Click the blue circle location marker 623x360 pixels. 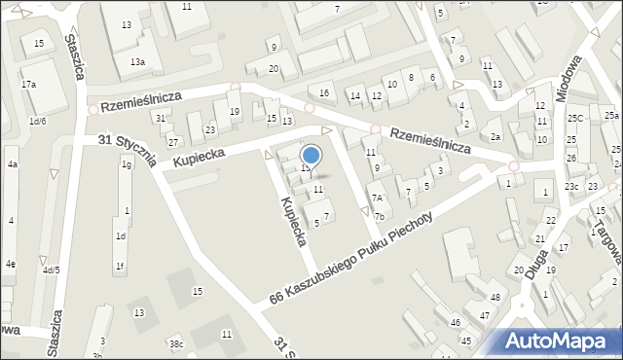click(311, 155)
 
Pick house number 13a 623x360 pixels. click(138, 61)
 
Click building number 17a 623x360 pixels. click(29, 85)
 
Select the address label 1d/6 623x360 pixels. click(38, 121)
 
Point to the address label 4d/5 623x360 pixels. click(50, 270)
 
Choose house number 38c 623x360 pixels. click(176, 343)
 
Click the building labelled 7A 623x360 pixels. click(377, 198)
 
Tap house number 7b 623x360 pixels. click(380, 216)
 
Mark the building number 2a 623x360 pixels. click(495, 137)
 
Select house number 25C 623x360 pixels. click(575, 119)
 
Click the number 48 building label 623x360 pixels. click(495, 297)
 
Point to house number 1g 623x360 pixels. click(126, 164)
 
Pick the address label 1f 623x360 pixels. click(120, 266)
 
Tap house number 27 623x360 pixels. click(173, 142)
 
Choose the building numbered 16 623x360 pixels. click(325, 92)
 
